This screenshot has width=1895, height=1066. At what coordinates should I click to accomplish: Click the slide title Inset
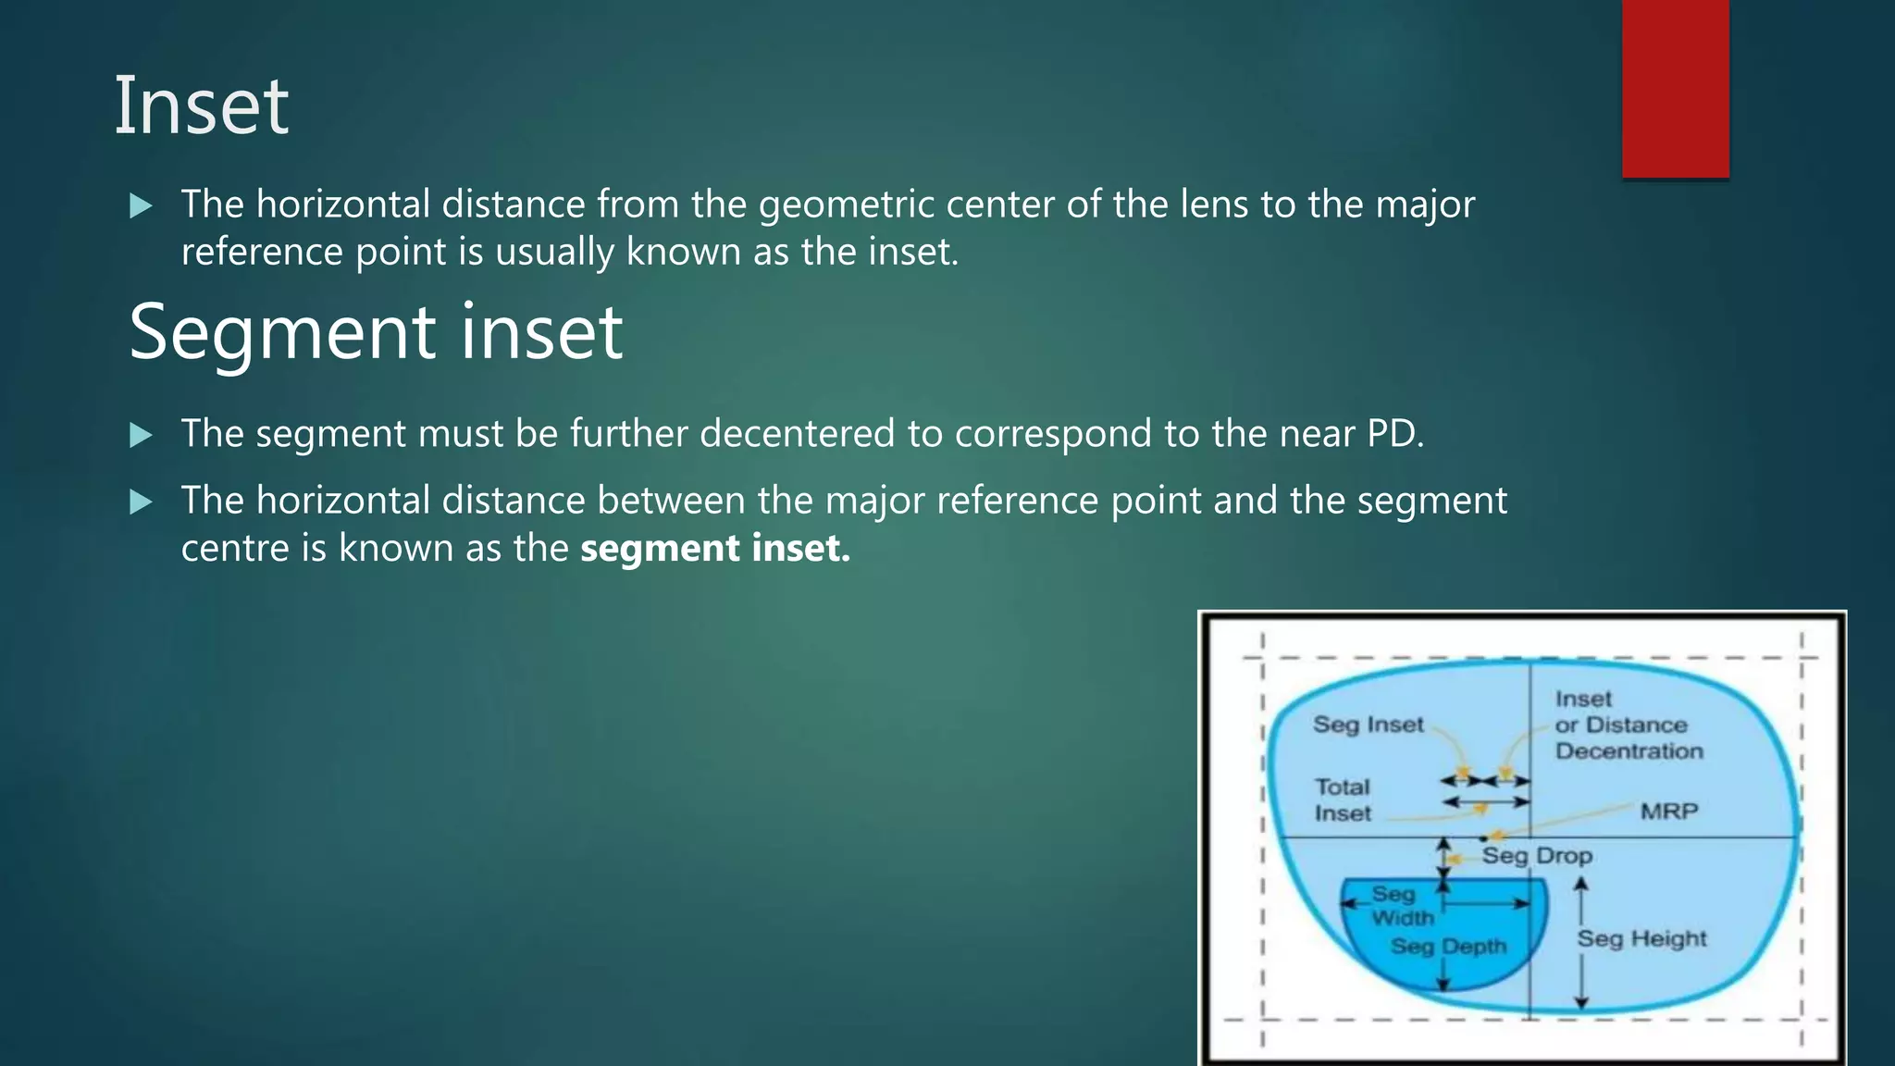[x=201, y=106]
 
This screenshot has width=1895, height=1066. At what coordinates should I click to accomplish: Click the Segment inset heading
[x=375, y=332]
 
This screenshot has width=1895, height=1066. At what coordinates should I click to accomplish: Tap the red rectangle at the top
[x=1675, y=88]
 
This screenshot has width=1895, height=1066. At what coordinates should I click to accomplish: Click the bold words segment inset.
[x=714, y=548]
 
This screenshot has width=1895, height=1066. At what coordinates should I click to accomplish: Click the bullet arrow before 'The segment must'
[x=141, y=435]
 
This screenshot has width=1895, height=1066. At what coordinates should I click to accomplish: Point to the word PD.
[x=1395, y=434]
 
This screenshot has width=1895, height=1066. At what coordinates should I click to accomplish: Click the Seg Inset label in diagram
[x=1368, y=725]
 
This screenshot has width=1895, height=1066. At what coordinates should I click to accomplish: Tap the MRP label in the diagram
[x=1668, y=812]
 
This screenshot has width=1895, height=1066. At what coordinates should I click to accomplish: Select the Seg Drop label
[x=1537, y=856]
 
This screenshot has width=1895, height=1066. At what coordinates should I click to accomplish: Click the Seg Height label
[x=1641, y=938]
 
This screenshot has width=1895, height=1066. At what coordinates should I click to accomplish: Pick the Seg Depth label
[x=1448, y=946]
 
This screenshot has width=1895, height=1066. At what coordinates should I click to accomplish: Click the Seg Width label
[x=1401, y=906]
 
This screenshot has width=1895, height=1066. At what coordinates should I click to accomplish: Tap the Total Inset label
[x=1343, y=800]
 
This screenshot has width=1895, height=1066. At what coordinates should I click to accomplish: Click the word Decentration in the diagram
[x=1629, y=751]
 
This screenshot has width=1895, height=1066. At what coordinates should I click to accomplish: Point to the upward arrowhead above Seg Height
[x=1581, y=885]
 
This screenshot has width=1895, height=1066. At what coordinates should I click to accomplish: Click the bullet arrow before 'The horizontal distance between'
[x=141, y=502]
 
